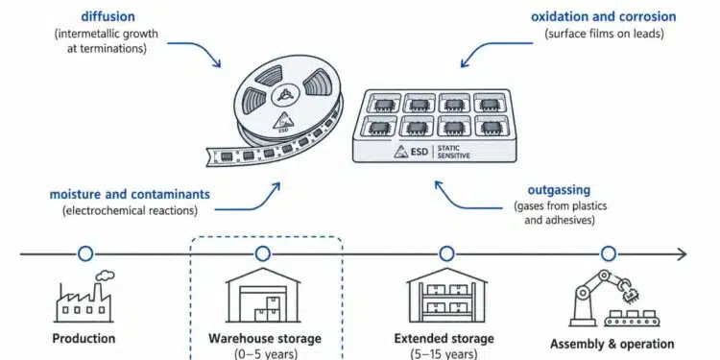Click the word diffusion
tap(108, 17)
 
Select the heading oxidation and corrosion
tap(604, 17)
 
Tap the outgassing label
tap(559, 190)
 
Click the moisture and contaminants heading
tap(130, 194)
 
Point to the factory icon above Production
tap(84, 297)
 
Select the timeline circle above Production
tap(85, 254)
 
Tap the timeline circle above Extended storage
tap(446, 254)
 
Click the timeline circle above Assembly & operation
tap(609, 254)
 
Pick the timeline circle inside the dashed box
tap(263, 254)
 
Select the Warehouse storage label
tap(265, 339)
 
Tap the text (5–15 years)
tap(444, 354)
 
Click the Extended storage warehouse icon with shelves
tap(446, 296)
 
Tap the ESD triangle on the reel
tap(282, 120)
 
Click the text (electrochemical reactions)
tap(130, 211)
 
